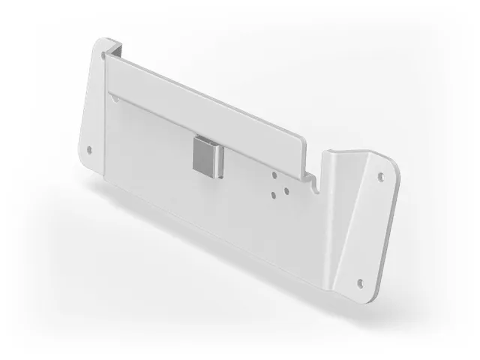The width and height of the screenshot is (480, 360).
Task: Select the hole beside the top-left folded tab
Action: [103, 55]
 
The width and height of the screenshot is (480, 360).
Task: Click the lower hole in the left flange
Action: [91, 148]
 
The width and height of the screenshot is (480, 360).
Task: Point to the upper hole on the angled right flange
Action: [379, 178]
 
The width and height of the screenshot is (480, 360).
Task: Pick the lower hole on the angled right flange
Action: [360, 283]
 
